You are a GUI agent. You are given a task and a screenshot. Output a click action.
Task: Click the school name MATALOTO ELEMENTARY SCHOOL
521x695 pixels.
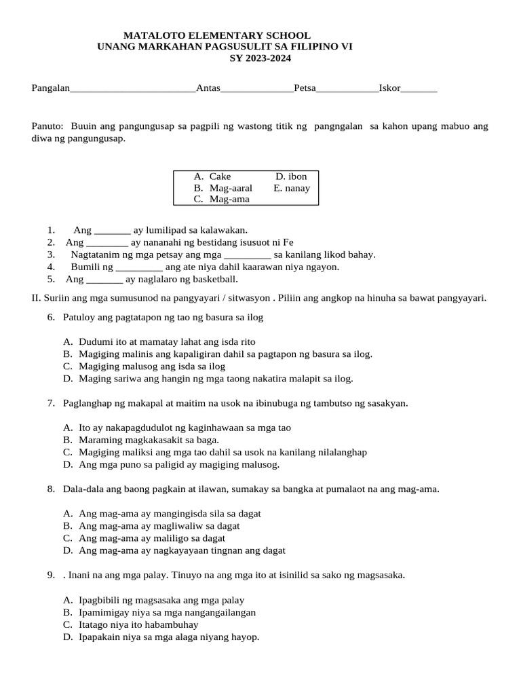(x=217, y=35)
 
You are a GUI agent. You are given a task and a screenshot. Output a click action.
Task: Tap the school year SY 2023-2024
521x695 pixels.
(x=260, y=58)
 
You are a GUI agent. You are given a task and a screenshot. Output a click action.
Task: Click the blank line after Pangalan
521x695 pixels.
(x=133, y=89)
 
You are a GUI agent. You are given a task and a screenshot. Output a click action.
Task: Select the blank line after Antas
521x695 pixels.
(x=257, y=89)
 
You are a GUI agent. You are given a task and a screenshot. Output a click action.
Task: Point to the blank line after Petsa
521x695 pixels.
(x=347, y=89)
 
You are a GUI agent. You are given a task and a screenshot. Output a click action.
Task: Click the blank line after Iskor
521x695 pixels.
(x=419, y=89)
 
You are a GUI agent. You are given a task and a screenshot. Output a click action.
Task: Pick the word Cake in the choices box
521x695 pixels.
(x=220, y=176)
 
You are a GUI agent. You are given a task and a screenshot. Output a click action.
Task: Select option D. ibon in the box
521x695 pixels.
(x=291, y=176)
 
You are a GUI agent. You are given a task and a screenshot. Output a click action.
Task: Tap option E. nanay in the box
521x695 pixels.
(x=292, y=188)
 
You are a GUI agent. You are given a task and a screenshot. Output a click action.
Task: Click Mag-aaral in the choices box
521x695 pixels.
(x=231, y=188)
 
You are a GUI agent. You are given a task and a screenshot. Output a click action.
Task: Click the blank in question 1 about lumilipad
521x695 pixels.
(x=112, y=230)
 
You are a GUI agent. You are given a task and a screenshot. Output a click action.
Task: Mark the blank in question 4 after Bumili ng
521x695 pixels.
(x=134, y=267)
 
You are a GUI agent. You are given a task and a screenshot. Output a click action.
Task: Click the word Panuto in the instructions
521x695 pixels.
(x=47, y=126)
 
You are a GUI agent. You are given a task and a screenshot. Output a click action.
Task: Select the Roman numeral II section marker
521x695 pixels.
(x=37, y=298)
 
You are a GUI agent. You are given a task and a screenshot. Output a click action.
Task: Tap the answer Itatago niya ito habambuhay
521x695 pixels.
(x=138, y=624)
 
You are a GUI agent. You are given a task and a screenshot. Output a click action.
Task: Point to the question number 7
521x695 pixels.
(x=51, y=403)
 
